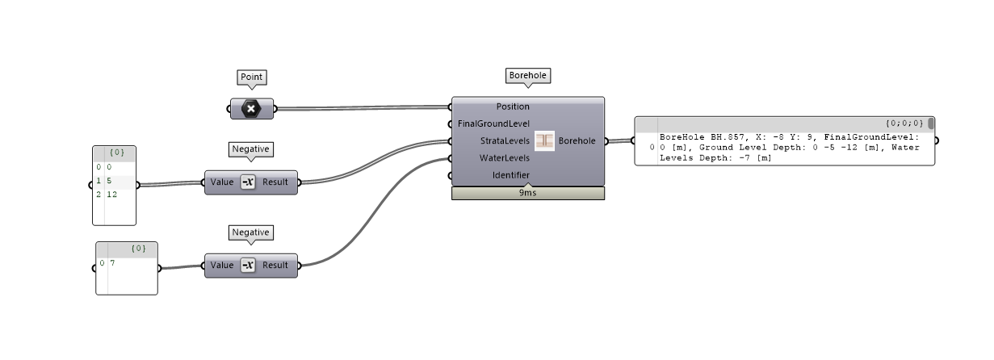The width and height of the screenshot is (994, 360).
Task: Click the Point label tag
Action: pos(252,77)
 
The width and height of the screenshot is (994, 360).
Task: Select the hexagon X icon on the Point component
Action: pos(251,109)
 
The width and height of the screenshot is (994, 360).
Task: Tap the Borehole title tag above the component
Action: pos(527,76)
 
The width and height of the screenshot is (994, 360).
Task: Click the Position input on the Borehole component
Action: pos(513,107)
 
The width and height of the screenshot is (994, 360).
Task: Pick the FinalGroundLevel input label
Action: pos(493,123)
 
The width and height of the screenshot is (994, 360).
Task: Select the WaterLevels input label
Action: pos(505,158)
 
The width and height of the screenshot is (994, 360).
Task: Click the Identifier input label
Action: pos(511,175)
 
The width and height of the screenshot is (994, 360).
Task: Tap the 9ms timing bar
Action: pos(527,194)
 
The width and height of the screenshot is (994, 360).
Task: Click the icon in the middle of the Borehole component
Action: pos(544,140)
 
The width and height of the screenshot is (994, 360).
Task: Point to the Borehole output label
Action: pos(577,141)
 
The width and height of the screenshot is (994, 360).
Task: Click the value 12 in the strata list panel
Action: pos(111,195)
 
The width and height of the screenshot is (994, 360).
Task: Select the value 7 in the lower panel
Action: pos(113,263)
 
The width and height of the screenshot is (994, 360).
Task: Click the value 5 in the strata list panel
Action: pos(109,181)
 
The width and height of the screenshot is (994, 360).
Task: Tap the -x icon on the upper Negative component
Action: pos(248,182)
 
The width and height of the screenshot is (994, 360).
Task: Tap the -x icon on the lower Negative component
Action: pos(248,266)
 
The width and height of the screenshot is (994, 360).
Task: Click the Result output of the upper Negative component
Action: pos(275,182)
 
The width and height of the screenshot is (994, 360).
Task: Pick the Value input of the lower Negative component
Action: pos(222,266)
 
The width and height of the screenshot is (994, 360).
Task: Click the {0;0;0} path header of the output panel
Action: pos(903,123)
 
